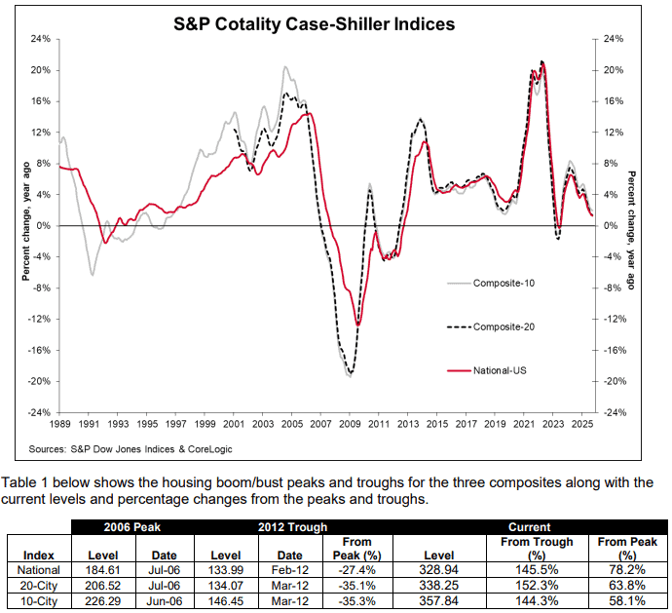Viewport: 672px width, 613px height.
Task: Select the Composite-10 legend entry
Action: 504,284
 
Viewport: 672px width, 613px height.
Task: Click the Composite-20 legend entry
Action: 504,326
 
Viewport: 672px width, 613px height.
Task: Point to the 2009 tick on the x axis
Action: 350,425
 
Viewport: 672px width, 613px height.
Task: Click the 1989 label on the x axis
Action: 59,425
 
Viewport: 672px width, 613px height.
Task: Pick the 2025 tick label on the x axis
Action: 581,425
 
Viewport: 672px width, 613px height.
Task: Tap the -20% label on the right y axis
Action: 615,381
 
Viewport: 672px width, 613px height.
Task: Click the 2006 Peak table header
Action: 133,527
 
